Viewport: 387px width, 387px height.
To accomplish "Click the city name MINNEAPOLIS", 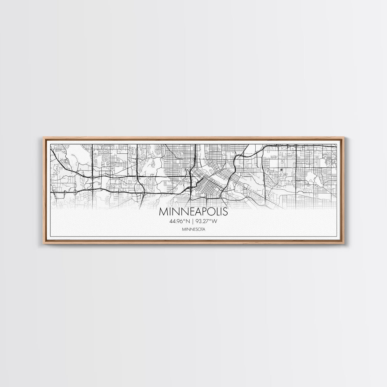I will (193, 212).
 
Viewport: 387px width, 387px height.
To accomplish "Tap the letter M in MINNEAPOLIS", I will (163, 212).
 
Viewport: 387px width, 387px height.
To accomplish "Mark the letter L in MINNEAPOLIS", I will (217, 212).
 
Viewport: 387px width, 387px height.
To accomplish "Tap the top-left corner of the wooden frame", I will (43, 137).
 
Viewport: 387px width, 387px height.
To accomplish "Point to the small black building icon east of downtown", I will (281, 170).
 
